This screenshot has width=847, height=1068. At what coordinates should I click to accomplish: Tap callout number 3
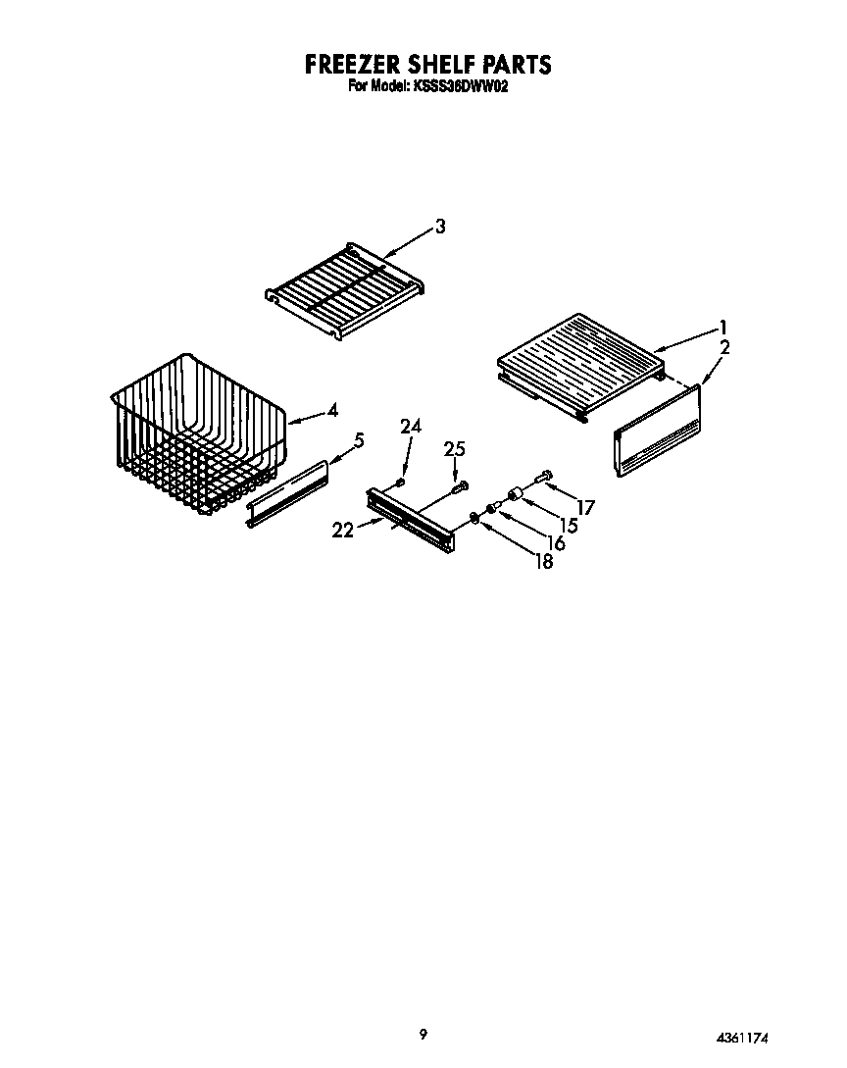pyautogui.click(x=440, y=227)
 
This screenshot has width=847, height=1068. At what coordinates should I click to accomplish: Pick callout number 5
pyautogui.click(x=359, y=441)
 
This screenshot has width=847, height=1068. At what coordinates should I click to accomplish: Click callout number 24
pyautogui.click(x=411, y=426)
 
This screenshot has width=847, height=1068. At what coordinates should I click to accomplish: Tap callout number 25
pyautogui.click(x=454, y=449)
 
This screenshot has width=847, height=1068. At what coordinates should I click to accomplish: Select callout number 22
pyautogui.click(x=342, y=530)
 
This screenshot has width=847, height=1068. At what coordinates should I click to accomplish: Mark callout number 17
pyautogui.click(x=586, y=507)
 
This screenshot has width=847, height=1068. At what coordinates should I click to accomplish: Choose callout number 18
pyautogui.click(x=542, y=561)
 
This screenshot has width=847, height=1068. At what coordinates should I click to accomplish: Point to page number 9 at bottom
pyautogui.click(x=423, y=1033)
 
